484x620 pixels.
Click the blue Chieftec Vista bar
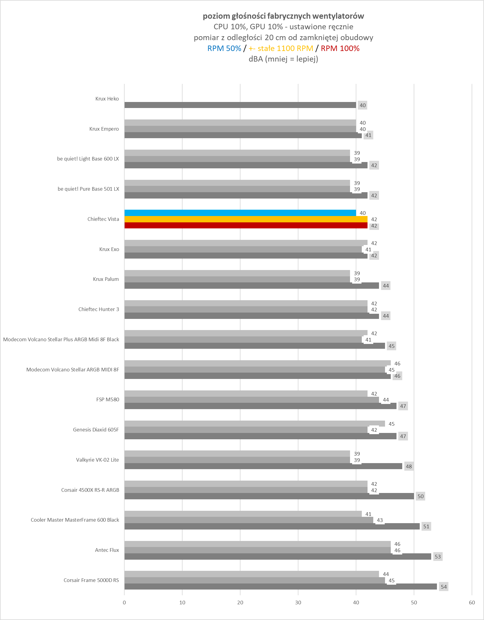(240, 213)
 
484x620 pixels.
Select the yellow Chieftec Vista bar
(246, 219)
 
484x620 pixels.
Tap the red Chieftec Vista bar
(246, 225)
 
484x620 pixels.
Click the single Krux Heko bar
(240, 105)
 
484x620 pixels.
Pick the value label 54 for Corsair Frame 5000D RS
(444, 587)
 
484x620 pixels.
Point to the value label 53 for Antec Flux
(438, 557)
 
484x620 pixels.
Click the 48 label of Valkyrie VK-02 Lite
(409, 466)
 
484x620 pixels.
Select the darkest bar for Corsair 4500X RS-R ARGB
(269, 496)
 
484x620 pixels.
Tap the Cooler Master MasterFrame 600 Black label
(75, 520)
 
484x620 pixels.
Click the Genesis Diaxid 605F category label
(96, 430)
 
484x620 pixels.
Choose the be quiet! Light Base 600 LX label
(88, 159)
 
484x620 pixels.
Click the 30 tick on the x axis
(298, 603)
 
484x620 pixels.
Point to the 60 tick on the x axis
(472, 603)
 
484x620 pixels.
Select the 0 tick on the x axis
(124, 603)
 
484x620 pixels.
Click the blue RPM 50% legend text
(224, 48)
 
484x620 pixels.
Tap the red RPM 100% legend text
(340, 48)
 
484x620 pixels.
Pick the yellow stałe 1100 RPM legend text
(281, 48)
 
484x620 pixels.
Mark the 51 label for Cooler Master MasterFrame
(426, 526)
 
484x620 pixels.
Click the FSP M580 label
(108, 399)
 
